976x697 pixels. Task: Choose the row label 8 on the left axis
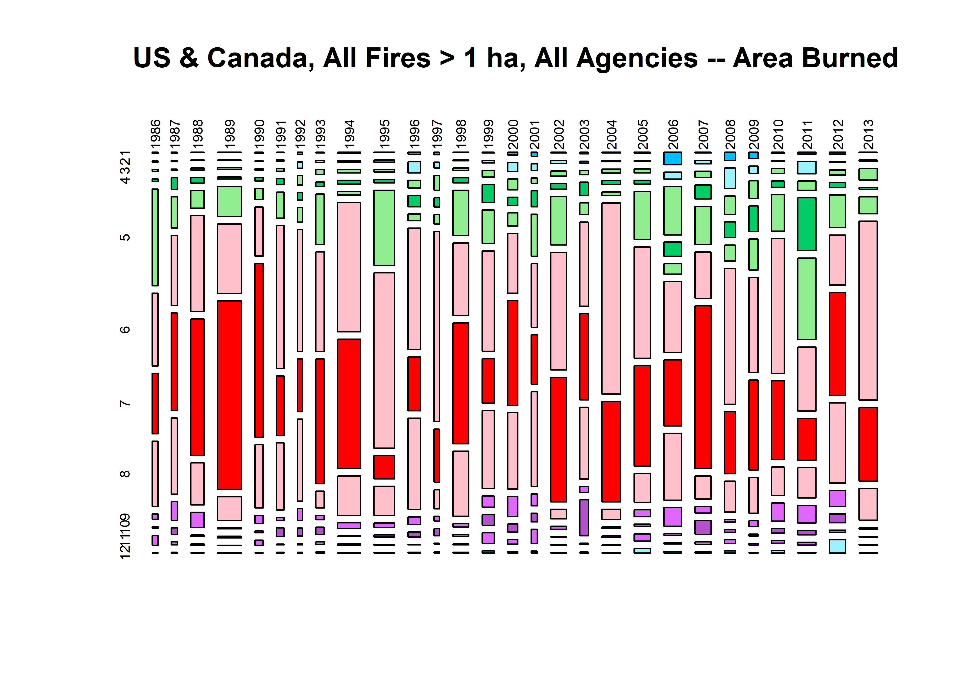point(125,474)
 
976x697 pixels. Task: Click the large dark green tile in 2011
point(807,224)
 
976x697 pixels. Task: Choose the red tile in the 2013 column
point(868,444)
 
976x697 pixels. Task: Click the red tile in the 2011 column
point(807,439)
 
